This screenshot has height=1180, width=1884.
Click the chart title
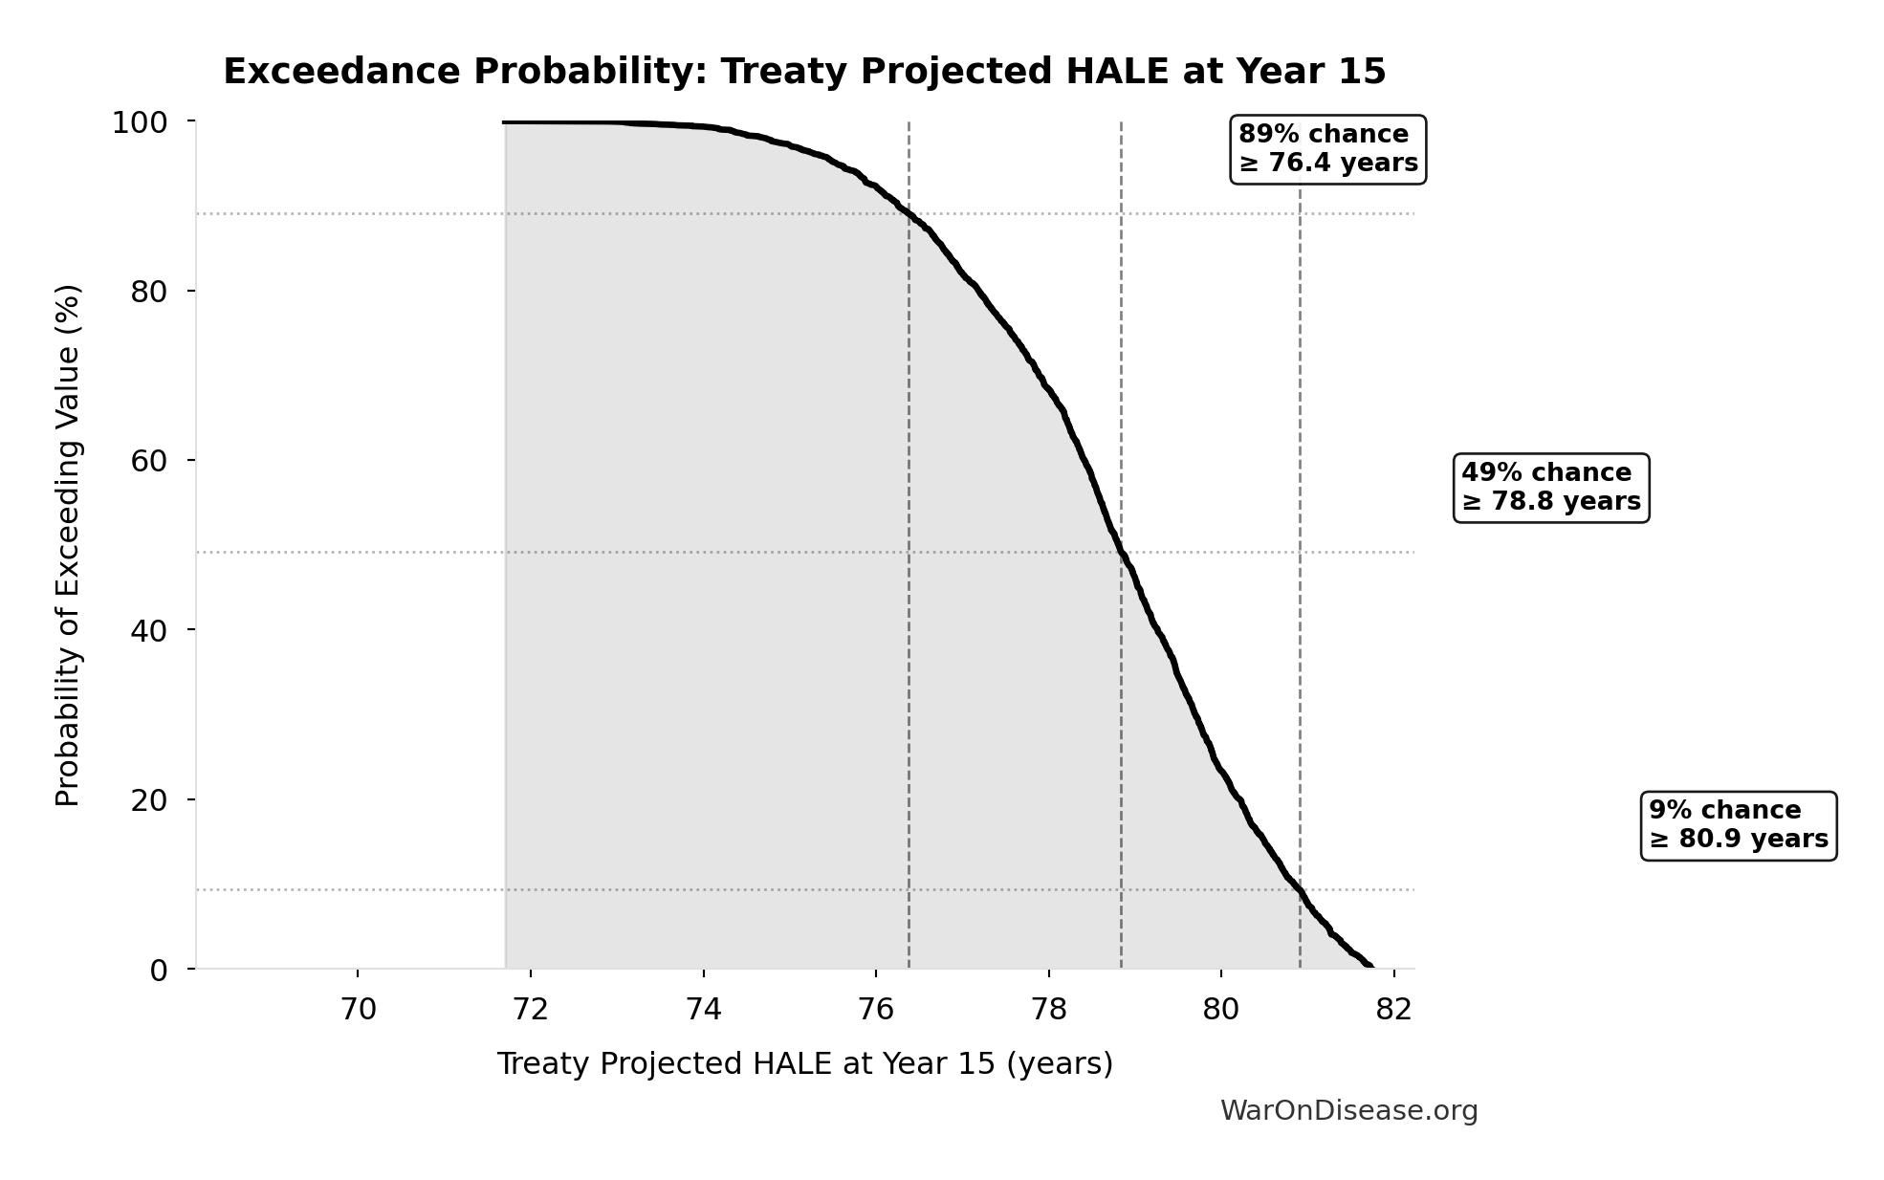tap(804, 72)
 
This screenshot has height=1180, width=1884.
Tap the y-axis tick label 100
tap(140, 122)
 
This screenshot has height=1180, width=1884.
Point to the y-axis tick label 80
tap(149, 292)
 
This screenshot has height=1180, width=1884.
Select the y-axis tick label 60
tap(149, 461)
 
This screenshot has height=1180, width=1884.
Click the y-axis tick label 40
tap(149, 630)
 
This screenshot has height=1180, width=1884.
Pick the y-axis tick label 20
tap(149, 800)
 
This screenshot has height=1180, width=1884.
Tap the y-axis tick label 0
tap(159, 971)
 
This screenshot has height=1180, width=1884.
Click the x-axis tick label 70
tap(358, 1010)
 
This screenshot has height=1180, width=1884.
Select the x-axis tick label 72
tap(531, 1010)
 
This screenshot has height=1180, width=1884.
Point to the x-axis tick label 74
tap(704, 1010)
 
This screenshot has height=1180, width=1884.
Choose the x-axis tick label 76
tap(876, 1010)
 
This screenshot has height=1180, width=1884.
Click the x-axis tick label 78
tap(1049, 1010)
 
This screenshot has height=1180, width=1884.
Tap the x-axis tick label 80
tap(1221, 1010)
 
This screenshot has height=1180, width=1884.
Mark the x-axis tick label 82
tap(1394, 1010)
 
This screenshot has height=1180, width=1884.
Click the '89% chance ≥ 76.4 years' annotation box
tap(1327, 149)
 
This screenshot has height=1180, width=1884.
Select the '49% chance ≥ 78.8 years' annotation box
tap(1551, 488)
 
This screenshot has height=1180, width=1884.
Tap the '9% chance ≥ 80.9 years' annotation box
tap(1739, 825)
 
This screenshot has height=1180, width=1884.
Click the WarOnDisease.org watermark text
tap(1348, 1111)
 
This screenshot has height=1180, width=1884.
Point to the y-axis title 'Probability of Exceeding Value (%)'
tap(68, 545)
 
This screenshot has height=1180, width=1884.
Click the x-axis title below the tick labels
tap(804, 1064)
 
